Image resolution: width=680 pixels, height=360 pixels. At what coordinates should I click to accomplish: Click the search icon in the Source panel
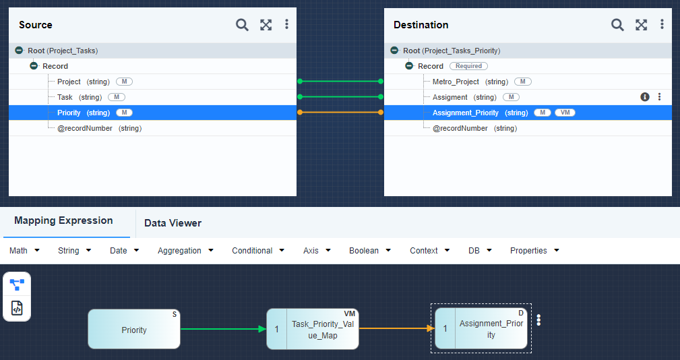[x=242, y=25]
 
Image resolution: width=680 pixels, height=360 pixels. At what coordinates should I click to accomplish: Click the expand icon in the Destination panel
[x=641, y=25]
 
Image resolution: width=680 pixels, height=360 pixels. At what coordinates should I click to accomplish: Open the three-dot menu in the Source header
[x=286, y=24]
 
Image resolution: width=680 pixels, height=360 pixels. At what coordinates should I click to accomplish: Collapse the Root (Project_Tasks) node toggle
[x=19, y=51]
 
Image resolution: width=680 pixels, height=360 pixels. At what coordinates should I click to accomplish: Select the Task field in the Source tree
[x=65, y=97]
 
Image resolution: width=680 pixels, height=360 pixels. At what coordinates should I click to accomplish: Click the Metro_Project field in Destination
[x=456, y=82]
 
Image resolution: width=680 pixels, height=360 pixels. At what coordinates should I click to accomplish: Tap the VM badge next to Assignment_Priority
[x=565, y=113]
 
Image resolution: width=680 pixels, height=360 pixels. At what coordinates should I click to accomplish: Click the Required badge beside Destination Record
[x=468, y=66]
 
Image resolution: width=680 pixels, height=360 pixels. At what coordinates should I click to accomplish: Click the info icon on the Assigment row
[x=645, y=96]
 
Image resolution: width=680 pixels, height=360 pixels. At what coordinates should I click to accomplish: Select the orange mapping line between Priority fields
[x=340, y=113]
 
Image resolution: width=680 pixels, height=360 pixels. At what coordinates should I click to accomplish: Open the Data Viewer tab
[x=173, y=223]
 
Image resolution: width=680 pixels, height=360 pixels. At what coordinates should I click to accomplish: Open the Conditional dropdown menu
[x=258, y=250]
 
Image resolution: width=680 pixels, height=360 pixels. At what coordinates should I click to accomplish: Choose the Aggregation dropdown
[x=185, y=250]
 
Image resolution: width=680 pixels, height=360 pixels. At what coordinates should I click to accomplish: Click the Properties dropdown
[x=534, y=250]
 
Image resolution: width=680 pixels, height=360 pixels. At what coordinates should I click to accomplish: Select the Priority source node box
[x=134, y=329]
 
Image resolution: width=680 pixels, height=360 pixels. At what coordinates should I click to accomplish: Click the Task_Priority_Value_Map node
[x=313, y=329]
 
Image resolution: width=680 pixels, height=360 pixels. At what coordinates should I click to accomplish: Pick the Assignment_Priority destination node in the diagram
[x=481, y=328]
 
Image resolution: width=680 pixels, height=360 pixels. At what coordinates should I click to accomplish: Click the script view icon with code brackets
[x=17, y=308]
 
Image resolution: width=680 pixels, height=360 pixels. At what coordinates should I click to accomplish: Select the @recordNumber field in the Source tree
[x=84, y=128]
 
